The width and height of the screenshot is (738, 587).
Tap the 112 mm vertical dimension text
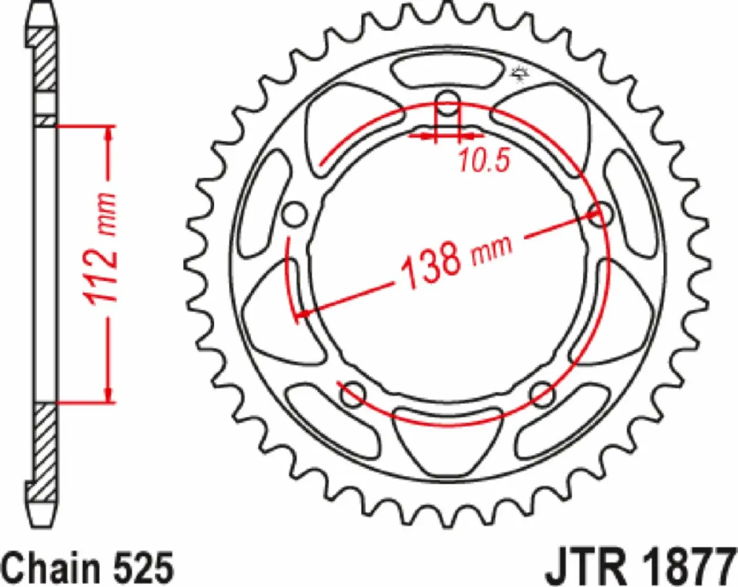click(101, 247)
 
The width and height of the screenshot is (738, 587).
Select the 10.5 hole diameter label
click(484, 160)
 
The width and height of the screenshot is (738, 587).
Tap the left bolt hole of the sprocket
click(294, 215)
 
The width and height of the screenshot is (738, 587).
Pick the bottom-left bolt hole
click(353, 394)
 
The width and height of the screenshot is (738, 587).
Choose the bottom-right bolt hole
click(542, 394)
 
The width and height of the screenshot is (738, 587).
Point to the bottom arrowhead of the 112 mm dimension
click(109, 393)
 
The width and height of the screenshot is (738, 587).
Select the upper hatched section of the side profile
click(45, 59)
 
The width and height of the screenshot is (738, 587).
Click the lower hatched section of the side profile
click(45, 446)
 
